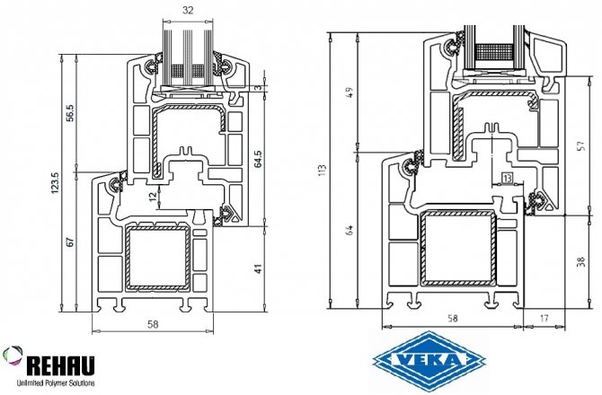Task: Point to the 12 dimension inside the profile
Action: click(x=152, y=195)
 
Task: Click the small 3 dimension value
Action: click(x=257, y=87)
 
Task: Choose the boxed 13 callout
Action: click(x=508, y=180)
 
